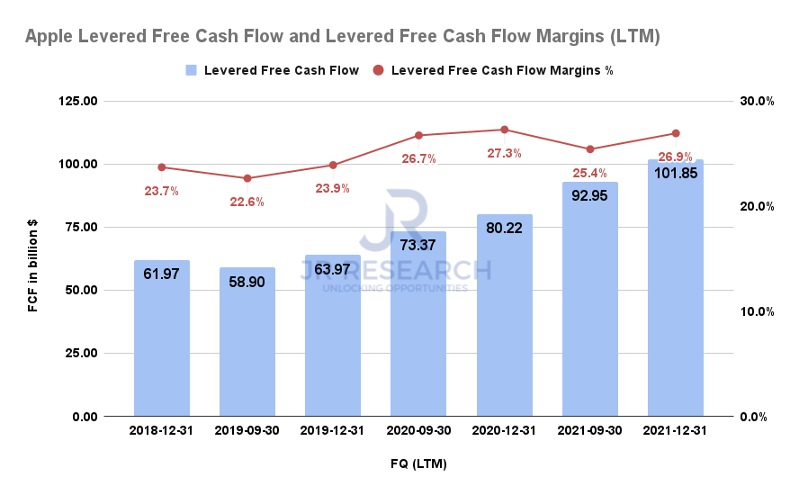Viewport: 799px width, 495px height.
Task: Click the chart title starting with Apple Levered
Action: click(343, 37)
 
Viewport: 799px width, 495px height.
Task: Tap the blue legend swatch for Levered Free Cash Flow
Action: click(191, 70)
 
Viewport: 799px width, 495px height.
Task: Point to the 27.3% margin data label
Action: click(504, 153)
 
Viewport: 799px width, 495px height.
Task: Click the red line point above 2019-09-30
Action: click(247, 178)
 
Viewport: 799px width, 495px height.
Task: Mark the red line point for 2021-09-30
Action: click(590, 149)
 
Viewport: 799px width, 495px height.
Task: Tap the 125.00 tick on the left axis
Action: click(78, 101)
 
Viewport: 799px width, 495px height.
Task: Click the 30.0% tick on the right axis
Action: click(758, 101)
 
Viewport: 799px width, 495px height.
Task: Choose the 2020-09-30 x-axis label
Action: click(418, 430)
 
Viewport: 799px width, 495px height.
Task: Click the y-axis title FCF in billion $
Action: click(33, 258)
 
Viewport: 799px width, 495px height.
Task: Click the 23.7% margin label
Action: click(162, 191)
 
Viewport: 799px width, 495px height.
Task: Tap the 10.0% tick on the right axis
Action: click(758, 311)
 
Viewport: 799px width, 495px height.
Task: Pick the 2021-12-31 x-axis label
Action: click(676, 430)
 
